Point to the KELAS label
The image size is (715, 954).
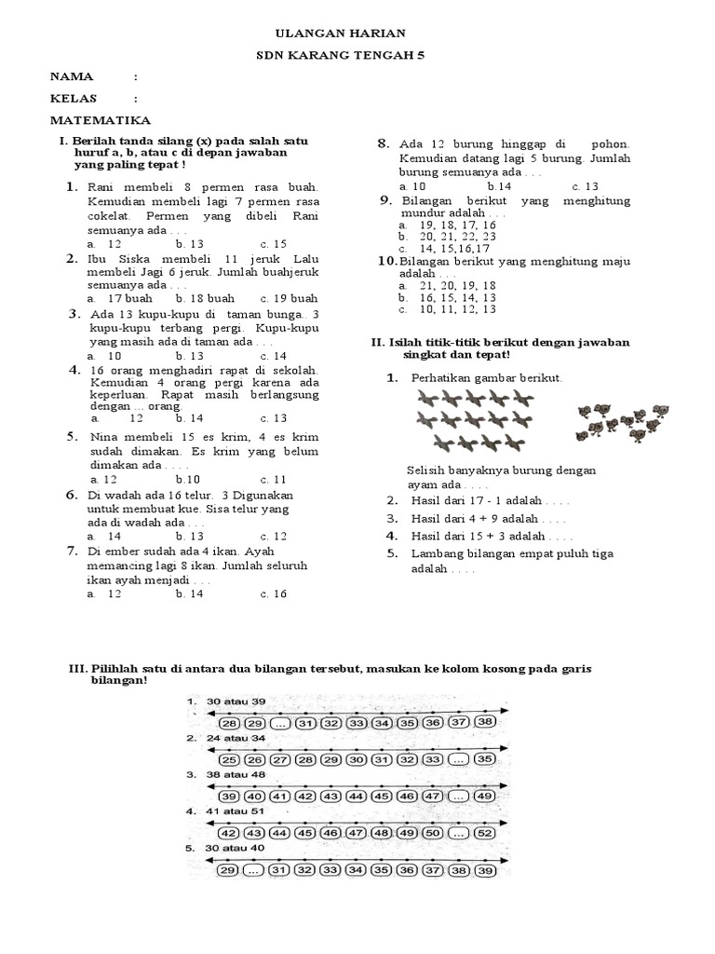click(x=74, y=99)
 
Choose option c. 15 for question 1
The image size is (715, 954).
click(x=274, y=244)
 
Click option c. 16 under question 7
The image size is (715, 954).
click(x=274, y=593)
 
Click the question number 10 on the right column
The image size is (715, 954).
click(x=386, y=261)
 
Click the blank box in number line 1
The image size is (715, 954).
click(x=277, y=723)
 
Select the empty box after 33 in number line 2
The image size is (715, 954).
click(x=456, y=759)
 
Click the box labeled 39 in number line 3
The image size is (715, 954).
click(x=227, y=796)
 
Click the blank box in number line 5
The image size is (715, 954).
click(x=251, y=870)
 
